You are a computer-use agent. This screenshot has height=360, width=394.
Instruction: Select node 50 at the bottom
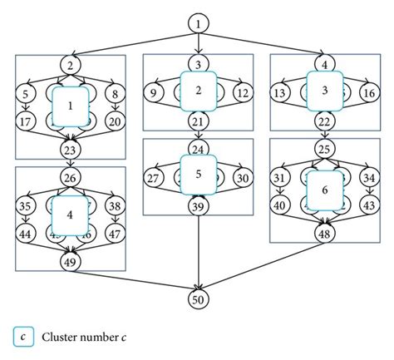click(x=197, y=300)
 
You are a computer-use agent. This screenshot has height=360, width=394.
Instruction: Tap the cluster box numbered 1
click(x=71, y=106)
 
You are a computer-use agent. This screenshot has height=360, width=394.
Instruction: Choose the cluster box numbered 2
click(x=198, y=91)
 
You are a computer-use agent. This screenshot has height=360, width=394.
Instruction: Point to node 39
click(x=198, y=206)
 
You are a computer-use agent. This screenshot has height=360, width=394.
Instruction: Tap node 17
click(x=25, y=122)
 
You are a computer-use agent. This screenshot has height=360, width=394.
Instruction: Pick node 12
click(x=242, y=91)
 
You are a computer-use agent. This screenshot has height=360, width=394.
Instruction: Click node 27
click(x=153, y=177)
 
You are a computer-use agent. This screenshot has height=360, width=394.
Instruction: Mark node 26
click(x=71, y=176)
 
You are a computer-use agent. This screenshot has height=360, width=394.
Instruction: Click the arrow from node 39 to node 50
click(x=198, y=254)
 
